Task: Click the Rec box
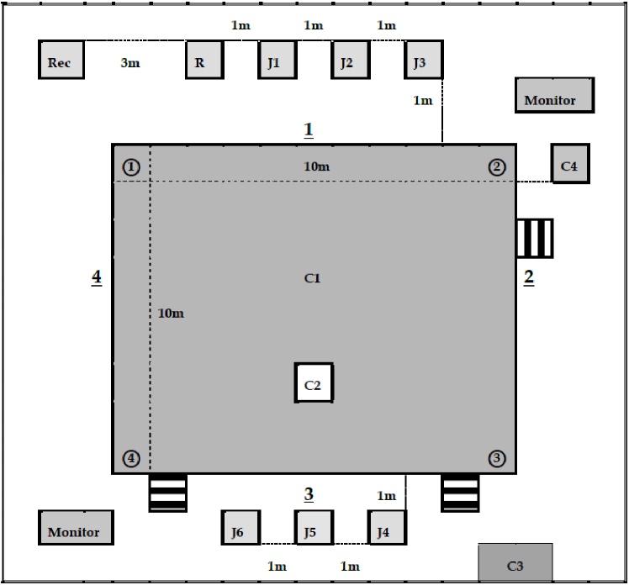coord(61,60)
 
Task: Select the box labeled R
coord(204,60)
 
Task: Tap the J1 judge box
coord(277,60)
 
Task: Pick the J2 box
coord(351,60)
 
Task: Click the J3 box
coord(424,60)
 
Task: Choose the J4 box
coord(387,527)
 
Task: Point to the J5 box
coord(314,527)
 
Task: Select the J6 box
coord(240,527)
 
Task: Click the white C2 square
coord(314,382)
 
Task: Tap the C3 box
coord(515,562)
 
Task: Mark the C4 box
coord(570,163)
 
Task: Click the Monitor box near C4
coord(555,95)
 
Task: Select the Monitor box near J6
coord(76,527)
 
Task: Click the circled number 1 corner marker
coord(131,166)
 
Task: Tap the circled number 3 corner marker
coord(497,458)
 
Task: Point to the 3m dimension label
coord(130,62)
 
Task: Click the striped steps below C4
coord(535,238)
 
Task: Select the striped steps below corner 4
coord(167,493)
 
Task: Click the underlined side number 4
coord(96,277)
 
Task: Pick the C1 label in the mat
coord(313,278)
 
